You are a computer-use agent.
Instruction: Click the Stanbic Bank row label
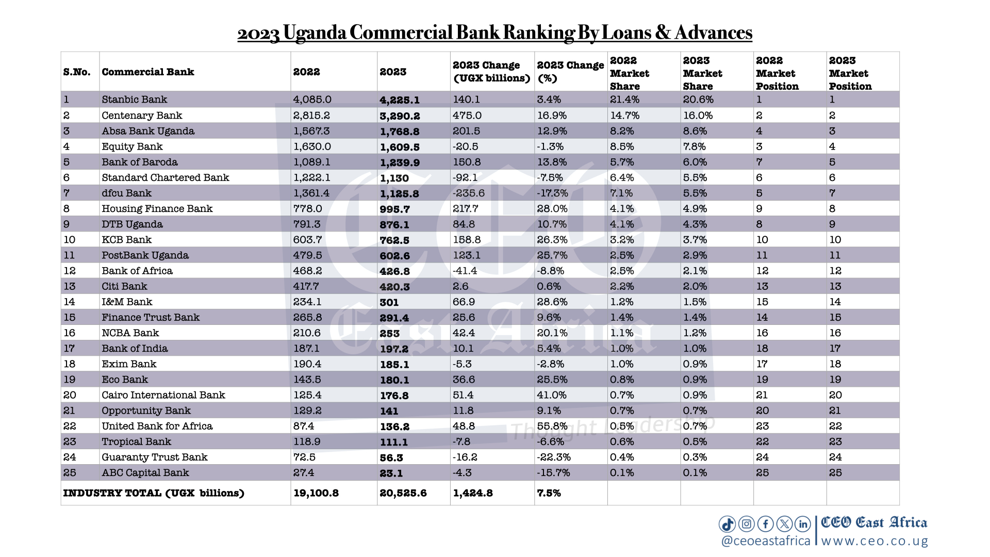tap(134, 100)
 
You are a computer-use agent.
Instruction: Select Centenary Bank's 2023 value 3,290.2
tap(400, 116)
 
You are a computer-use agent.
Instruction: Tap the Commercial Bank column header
tap(147, 72)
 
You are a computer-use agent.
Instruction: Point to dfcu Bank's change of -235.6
tap(469, 193)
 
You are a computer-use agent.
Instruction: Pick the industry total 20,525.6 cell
tap(403, 493)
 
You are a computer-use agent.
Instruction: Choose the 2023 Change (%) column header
tap(570, 72)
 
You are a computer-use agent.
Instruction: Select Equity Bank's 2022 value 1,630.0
tap(312, 146)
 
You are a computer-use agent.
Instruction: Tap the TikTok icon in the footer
tap(727, 524)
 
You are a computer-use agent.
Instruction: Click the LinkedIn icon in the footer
tap(803, 524)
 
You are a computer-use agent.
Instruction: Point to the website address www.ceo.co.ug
tap(874, 541)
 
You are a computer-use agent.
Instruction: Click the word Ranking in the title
tap(538, 32)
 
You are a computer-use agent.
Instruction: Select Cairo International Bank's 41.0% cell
tap(552, 395)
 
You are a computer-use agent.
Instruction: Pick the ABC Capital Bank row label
tap(145, 472)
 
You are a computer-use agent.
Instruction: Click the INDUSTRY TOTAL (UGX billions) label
tap(154, 493)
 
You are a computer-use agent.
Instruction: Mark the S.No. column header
tap(77, 72)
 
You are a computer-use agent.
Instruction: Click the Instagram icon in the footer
tap(746, 524)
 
